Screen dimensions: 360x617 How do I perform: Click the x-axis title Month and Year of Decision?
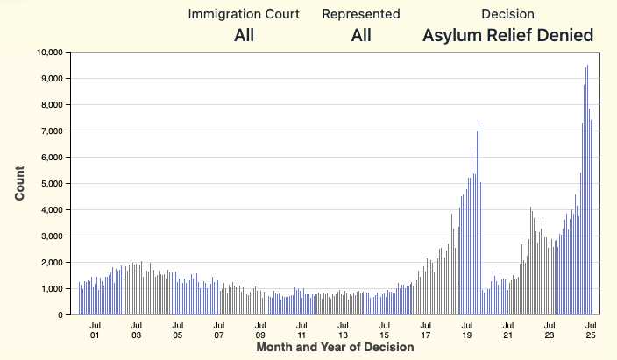pos(335,348)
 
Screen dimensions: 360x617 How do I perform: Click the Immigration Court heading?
pos(244,14)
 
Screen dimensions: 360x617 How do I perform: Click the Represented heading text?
pos(361,14)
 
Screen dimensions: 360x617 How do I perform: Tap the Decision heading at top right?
pos(507,14)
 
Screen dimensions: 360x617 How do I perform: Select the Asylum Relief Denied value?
pos(507,36)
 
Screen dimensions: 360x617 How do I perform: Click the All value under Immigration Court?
pos(244,36)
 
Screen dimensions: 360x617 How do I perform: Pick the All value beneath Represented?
pos(361,36)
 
